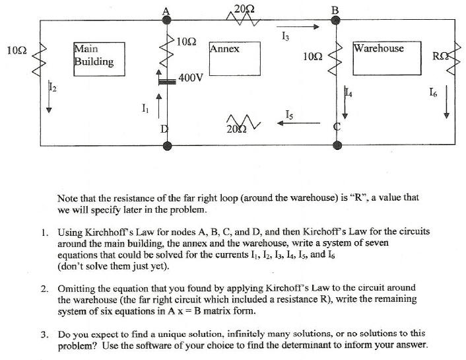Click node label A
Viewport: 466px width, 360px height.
click(165, 9)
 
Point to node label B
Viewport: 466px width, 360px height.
click(334, 9)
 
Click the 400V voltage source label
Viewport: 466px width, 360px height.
click(191, 78)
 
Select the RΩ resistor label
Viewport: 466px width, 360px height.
click(440, 54)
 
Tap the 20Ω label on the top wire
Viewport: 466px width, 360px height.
click(244, 8)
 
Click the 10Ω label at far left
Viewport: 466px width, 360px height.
click(16, 50)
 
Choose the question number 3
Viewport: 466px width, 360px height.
click(44, 334)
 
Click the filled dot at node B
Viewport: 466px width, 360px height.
click(335, 20)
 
